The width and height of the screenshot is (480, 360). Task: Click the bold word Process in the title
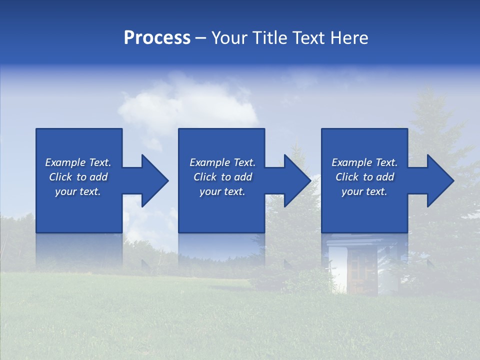tap(157, 38)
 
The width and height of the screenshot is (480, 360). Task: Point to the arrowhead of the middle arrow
tap(296, 180)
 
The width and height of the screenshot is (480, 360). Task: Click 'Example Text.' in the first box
tap(78, 162)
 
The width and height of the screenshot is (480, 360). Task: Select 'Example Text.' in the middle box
tap(222, 162)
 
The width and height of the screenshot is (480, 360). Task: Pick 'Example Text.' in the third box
tap(364, 162)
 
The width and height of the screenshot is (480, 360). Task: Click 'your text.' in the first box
tap(78, 191)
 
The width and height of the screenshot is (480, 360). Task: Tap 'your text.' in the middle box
tap(222, 191)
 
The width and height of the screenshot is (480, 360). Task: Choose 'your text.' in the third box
tap(364, 191)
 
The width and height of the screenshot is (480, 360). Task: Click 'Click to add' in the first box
tap(78, 177)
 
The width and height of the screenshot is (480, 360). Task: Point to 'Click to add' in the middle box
tap(222, 177)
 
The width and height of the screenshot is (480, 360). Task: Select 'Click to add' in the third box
tap(364, 177)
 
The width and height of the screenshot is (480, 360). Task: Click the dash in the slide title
tap(201, 38)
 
